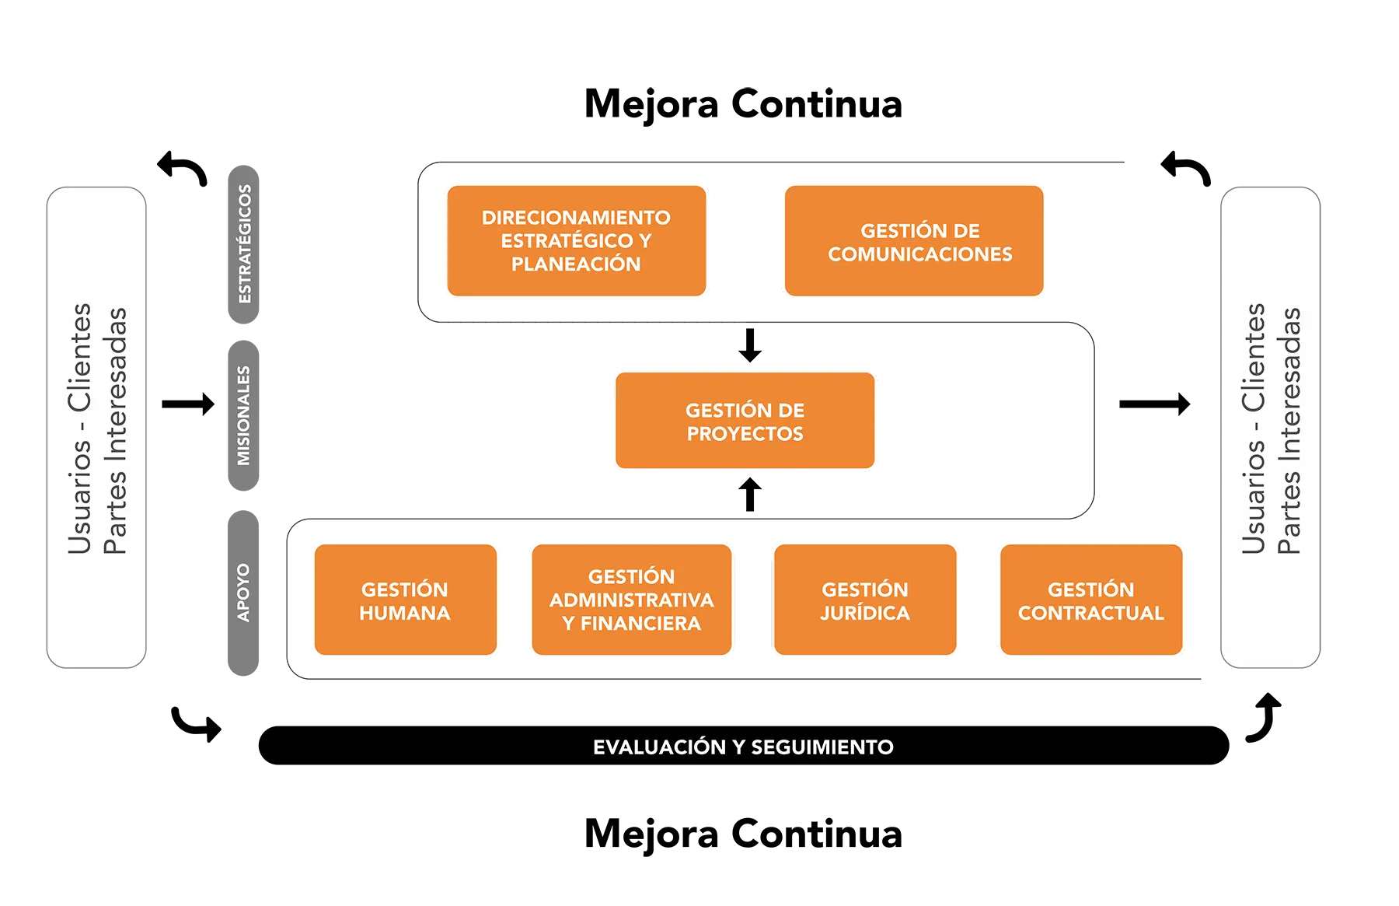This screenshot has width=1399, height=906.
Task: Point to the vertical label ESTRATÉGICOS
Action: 244,243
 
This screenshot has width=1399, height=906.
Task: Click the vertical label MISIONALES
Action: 244,415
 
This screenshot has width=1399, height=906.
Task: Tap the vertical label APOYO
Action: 243,593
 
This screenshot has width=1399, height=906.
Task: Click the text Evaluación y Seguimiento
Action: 743,747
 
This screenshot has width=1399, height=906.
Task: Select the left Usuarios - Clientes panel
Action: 96,428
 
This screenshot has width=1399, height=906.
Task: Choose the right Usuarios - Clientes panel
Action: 1270,428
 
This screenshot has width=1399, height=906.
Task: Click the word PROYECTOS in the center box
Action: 745,434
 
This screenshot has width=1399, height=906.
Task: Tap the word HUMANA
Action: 405,614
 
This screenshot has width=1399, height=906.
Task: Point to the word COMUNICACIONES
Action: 920,254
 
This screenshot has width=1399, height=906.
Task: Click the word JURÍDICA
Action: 865,614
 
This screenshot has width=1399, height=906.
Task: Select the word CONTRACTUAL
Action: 1091,614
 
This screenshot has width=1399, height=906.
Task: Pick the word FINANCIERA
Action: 640,624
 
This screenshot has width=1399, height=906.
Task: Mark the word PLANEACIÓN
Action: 576,264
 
